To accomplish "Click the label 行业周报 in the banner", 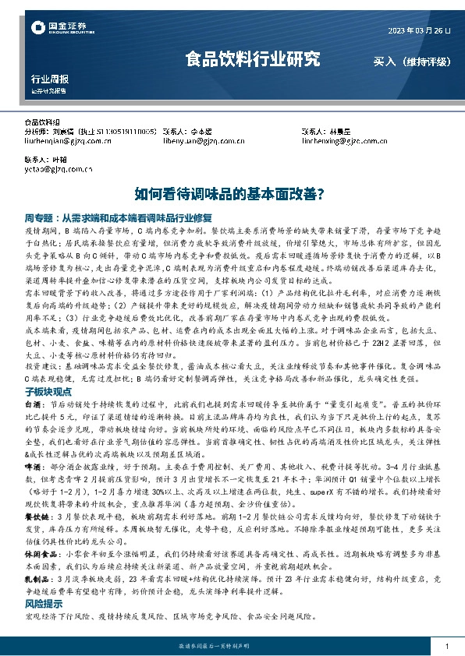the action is pos(49,79).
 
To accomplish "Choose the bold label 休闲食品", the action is pos(37,552).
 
